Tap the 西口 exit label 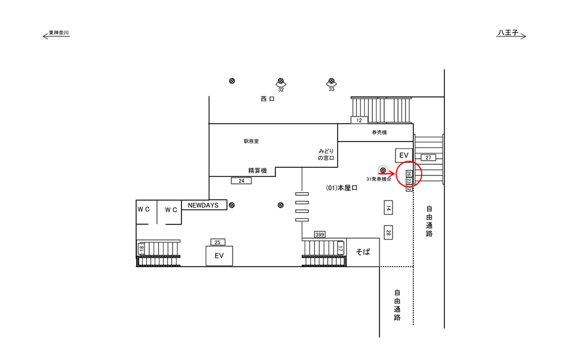[267, 99]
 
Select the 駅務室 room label [251, 142]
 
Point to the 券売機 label [379, 132]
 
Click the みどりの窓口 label [327, 155]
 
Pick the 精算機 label [258, 171]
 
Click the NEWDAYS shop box [203, 205]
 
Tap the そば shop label [363, 252]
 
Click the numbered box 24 [241, 180]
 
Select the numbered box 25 [217, 242]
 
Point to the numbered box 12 [359, 120]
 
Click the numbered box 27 [428, 158]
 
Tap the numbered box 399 [320, 234]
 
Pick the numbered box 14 [387, 208]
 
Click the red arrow [386, 174]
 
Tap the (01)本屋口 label [341, 188]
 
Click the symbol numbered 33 [331, 82]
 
